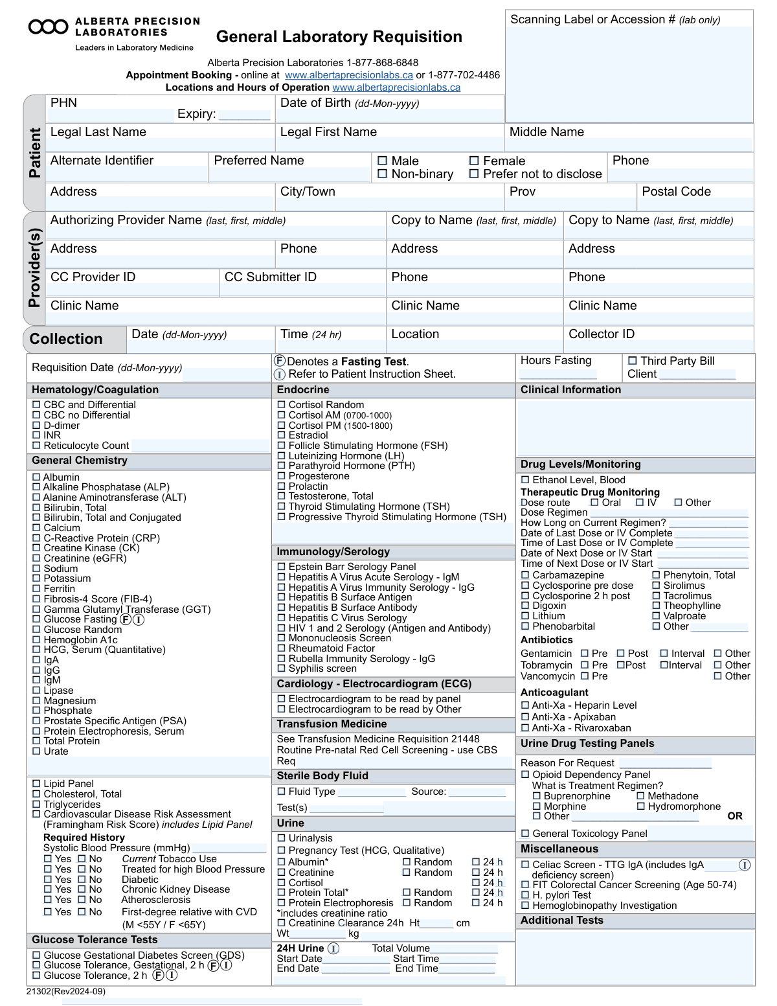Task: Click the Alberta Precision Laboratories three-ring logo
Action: (x=48, y=27)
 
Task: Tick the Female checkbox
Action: (x=474, y=161)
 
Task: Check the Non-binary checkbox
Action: (x=382, y=174)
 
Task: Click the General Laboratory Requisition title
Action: (x=339, y=37)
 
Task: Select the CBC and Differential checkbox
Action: (x=36, y=405)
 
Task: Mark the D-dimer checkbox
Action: (x=36, y=426)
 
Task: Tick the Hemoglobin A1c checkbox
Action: (x=36, y=639)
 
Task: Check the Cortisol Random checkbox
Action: (x=282, y=405)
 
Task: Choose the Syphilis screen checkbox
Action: (x=282, y=669)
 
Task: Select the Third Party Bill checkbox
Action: (x=632, y=361)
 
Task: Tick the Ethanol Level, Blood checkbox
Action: (x=525, y=480)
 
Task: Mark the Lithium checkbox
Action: (x=525, y=616)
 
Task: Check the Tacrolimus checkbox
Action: (x=656, y=596)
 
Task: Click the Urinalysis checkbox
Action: (x=282, y=838)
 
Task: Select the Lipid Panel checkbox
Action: (x=36, y=784)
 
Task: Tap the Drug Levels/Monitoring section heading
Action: (x=580, y=464)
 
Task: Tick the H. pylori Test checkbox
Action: (x=525, y=895)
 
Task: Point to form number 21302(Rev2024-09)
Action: (x=66, y=991)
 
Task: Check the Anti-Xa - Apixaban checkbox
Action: (x=525, y=717)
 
